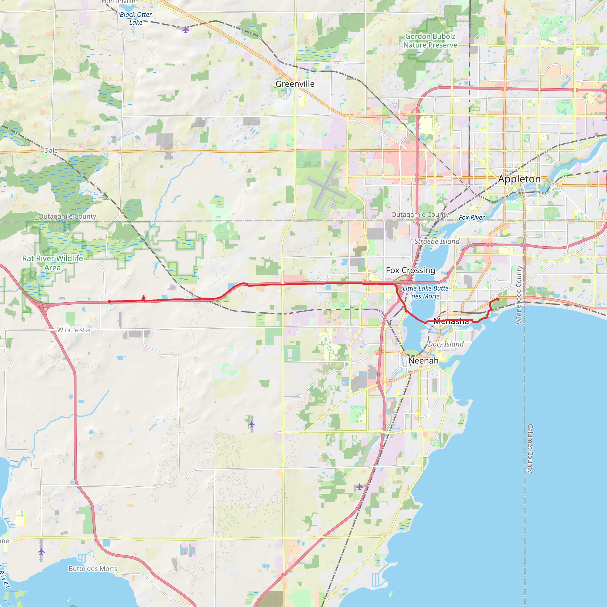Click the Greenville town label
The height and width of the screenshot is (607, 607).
295,84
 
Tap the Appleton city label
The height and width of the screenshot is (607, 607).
519,179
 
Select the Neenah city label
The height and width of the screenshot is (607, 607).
423,361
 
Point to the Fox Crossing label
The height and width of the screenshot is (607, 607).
410,270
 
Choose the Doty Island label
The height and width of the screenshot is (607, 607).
445,344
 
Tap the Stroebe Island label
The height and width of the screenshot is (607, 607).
437,241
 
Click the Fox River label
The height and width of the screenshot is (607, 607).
471,218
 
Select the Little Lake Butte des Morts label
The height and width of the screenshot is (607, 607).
425,292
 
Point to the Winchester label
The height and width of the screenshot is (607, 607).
74,330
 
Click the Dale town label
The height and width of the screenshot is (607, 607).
51,151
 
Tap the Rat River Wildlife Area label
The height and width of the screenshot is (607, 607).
52,263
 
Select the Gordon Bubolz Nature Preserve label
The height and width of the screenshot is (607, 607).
430,41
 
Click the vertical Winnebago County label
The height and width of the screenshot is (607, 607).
519,295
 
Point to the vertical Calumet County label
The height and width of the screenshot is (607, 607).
530,448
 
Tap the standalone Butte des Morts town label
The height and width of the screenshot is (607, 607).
93,569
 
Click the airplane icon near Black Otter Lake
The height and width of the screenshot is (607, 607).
186,30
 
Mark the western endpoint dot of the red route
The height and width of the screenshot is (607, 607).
109,302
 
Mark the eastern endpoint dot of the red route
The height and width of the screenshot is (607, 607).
498,299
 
